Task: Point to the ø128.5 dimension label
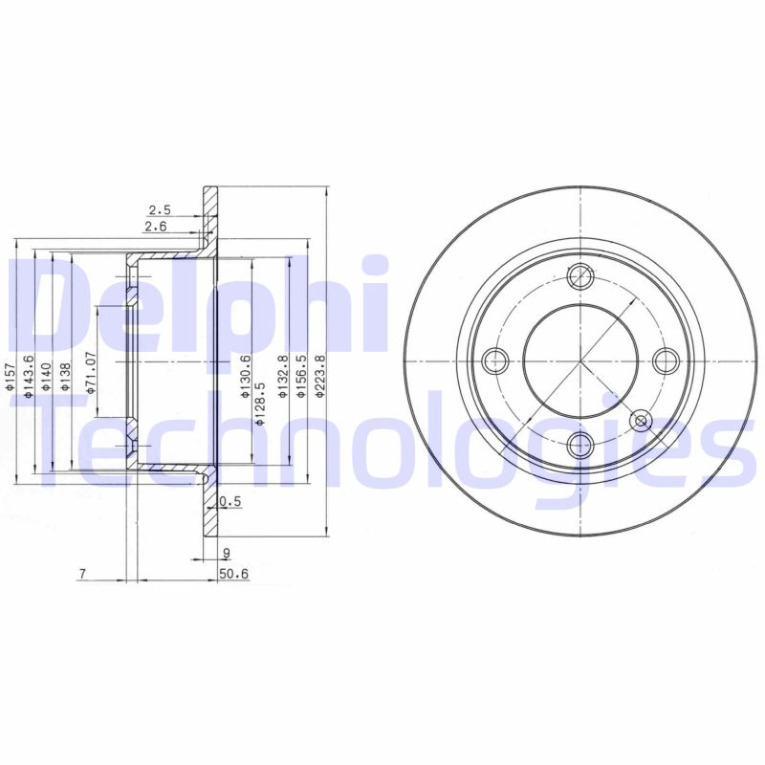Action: click(x=260, y=402)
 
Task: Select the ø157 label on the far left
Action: click(x=11, y=380)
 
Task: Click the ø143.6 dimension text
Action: click(x=29, y=375)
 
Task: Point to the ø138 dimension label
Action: click(x=65, y=378)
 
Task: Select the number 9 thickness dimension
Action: click(x=227, y=553)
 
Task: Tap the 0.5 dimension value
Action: click(x=229, y=501)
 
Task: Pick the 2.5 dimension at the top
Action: click(x=158, y=208)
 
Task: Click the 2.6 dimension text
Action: click(x=154, y=226)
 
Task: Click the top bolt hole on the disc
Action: click(x=580, y=276)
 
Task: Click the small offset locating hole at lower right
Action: click(x=641, y=419)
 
